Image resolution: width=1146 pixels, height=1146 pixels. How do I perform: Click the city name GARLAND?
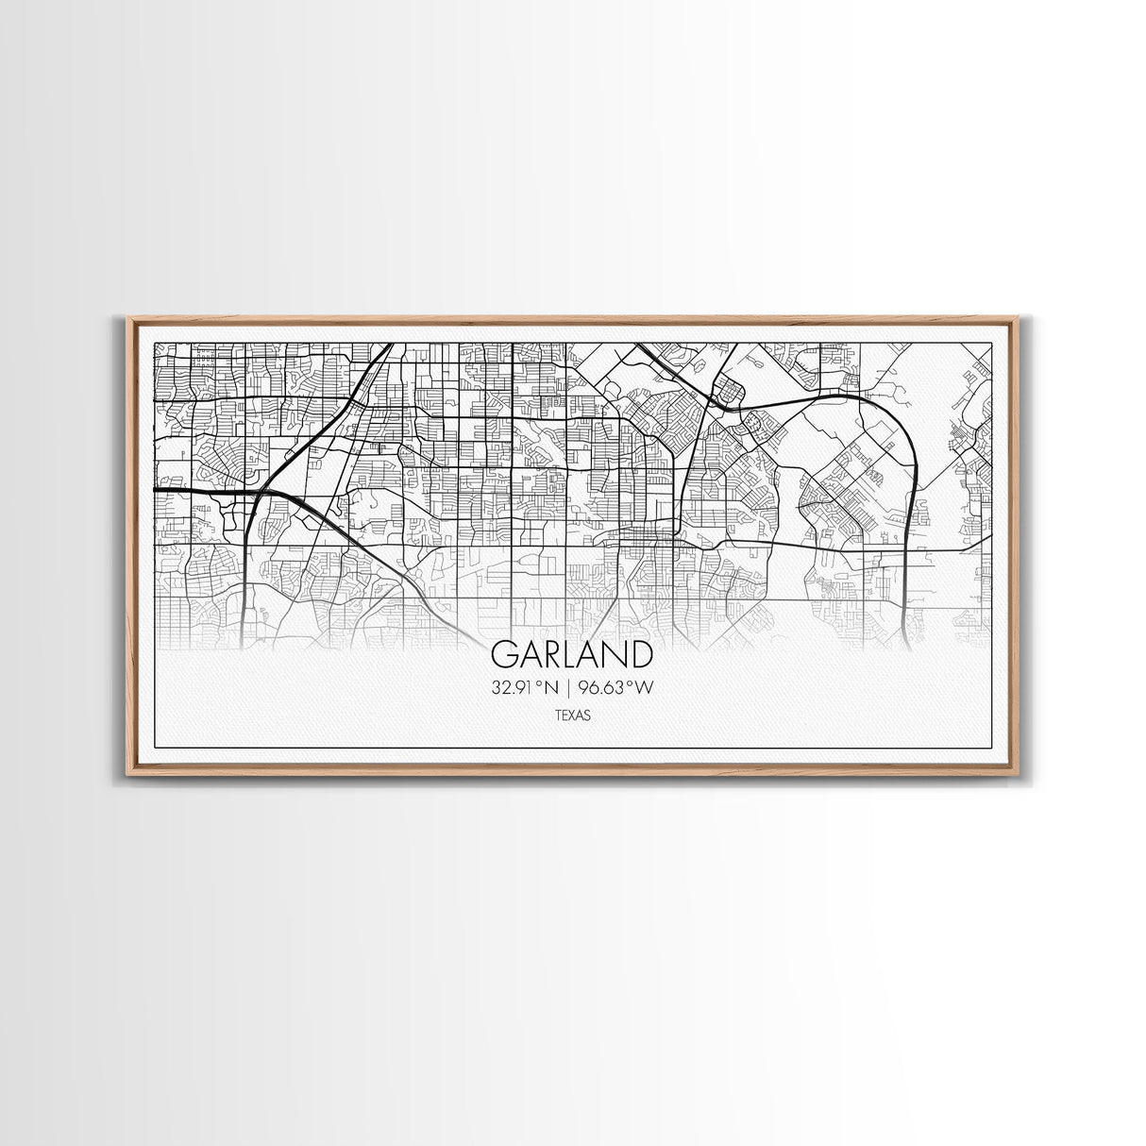click(572, 654)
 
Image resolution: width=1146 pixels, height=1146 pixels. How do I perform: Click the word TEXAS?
click(573, 716)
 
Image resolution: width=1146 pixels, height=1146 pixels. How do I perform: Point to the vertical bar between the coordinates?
click(572, 688)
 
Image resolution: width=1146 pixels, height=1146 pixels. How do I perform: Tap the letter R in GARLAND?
click(552, 654)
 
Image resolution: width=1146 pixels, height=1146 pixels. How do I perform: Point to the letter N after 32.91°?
click(551, 688)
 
